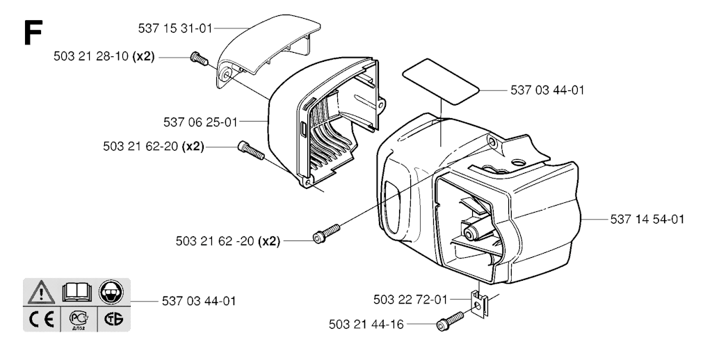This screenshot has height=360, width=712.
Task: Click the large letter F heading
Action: (x=33, y=32)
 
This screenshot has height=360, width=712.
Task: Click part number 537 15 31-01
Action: (x=175, y=29)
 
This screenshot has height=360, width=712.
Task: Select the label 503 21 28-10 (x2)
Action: (x=104, y=57)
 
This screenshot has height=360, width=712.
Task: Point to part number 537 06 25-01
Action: (x=200, y=122)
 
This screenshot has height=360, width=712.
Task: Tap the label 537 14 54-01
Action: (x=647, y=220)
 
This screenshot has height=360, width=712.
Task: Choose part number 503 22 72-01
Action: (x=410, y=300)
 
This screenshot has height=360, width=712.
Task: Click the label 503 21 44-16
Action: (x=366, y=325)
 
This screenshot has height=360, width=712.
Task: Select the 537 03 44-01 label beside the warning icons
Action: (x=199, y=301)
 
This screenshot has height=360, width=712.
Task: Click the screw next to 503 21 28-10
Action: (x=199, y=58)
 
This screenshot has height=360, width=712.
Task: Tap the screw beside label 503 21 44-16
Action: (x=450, y=320)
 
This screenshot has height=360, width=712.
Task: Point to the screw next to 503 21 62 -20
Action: (x=326, y=233)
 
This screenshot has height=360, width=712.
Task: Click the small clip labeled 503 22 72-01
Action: (x=479, y=304)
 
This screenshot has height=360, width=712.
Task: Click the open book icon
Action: (x=76, y=293)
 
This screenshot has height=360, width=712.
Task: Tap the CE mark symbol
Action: (x=41, y=320)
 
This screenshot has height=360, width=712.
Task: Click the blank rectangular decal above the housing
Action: (x=441, y=81)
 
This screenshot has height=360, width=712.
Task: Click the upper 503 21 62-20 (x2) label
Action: (x=154, y=147)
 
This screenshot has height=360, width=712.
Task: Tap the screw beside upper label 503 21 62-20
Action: (x=250, y=149)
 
